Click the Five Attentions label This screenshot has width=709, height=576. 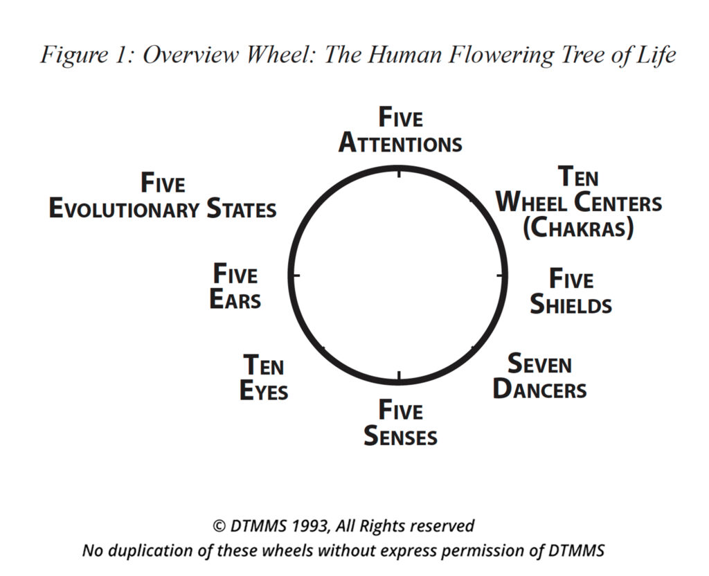coord(400,130)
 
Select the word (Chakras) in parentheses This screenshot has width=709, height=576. coord(578,227)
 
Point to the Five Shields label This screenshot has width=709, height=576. coord(571,291)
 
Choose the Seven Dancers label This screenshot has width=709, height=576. coord(539,376)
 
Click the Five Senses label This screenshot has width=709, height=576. coord(400,423)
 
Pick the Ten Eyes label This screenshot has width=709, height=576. coord(264,377)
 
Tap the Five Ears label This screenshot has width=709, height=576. coord(235,286)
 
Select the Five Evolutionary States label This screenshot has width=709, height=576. coord(163,195)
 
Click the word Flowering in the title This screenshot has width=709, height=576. coord(501,55)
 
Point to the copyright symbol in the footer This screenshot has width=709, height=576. coord(219,526)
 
